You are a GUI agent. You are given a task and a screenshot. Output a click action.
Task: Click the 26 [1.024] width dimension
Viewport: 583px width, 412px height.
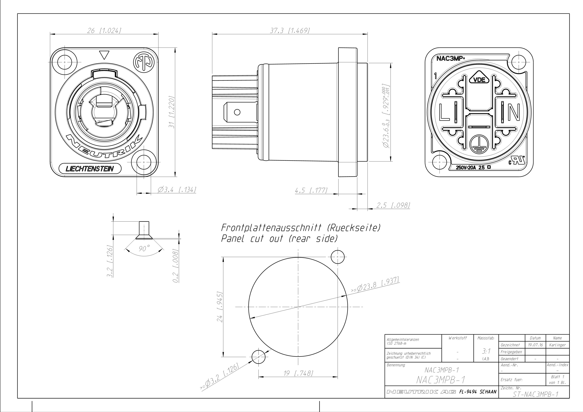click(104, 31)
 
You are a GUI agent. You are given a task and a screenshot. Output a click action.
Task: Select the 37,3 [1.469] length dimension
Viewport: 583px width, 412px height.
click(290, 31)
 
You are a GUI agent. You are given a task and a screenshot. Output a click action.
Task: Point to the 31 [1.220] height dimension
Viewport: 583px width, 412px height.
click(172, 112)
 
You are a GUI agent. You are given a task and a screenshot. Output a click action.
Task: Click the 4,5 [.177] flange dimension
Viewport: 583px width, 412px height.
click(311, 190)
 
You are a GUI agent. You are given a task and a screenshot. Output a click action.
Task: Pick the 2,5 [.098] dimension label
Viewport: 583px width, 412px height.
click(393, 205)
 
